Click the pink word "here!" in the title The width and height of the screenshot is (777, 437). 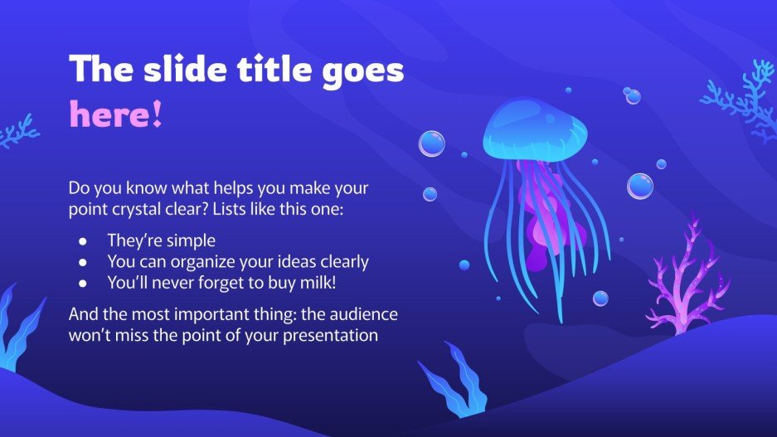pyautogui.click(x=115, y=114)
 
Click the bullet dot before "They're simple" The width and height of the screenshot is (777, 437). pyautogui.click(x=81, y=241)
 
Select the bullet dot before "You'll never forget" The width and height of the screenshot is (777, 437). pyautogui.click(x=81, y=283)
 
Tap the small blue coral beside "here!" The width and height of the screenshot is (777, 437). pyautogui.click(x=18, y=131)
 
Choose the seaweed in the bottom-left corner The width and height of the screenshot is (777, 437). pyautogui.click(x=18, y=328)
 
